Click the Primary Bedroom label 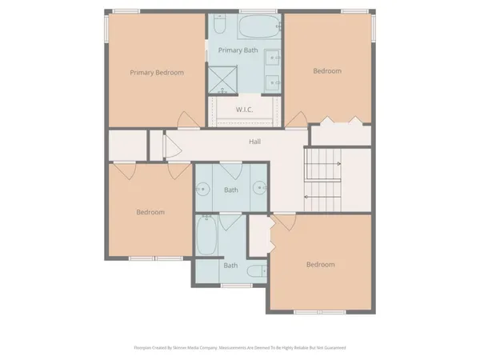click(x=157, y=73)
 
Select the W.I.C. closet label click(x=245, y=109)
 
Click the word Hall click(x=254, y=142)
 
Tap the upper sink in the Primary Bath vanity click(x=273, y=57)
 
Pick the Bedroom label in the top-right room click(x=326, y=71)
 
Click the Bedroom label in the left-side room click(x=150, y=212)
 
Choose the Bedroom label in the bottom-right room click(x=321, y=264)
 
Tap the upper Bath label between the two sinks click(x=231, y=190)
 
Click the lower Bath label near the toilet click(x=230, y=265)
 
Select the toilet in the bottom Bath click(x=257, y=272)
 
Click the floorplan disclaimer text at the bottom click(x=240, y=348)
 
